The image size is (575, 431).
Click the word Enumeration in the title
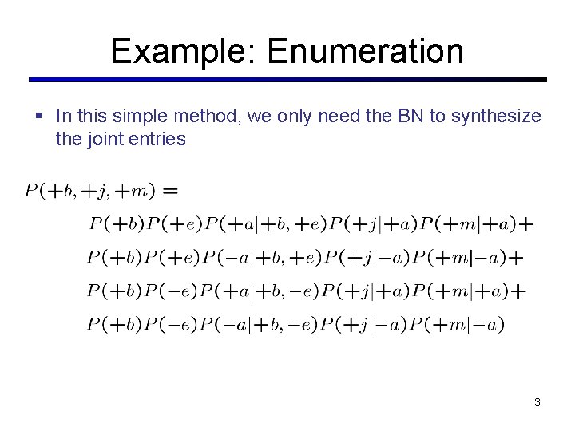click(366, 51)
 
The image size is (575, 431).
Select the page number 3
click(537, 403)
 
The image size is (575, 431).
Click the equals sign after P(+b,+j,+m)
click(169, 192)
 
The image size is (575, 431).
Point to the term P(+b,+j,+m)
click(90, 192)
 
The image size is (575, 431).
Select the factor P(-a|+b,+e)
click(264, 258)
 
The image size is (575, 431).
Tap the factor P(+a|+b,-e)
click(264, 291)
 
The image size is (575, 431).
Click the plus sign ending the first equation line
click(525, 225)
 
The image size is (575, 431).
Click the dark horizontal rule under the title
click(287, 80)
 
